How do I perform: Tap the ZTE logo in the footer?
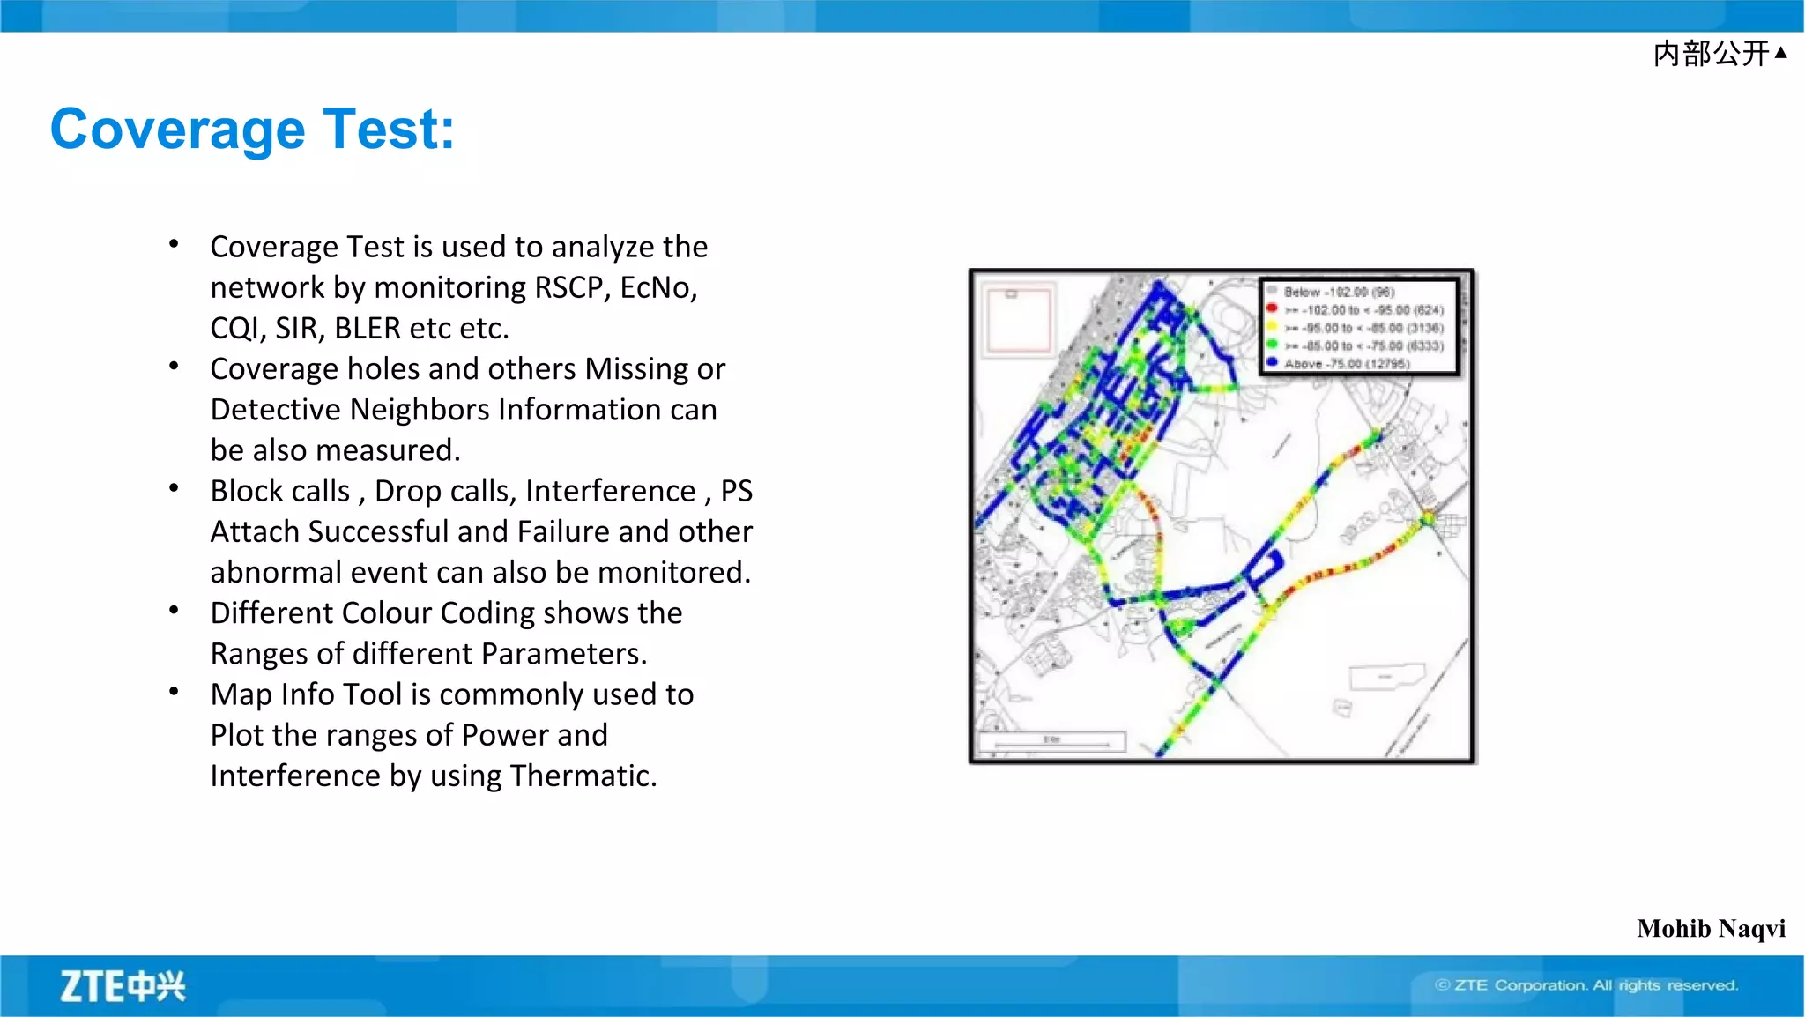coord(123,986)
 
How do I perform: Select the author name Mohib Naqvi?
coord(1711,929)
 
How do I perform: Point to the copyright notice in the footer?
coord(1586,985)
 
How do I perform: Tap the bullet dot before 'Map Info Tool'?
coord(175,693)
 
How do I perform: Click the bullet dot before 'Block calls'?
coord(175,488)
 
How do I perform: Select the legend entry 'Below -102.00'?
coord(1339,292)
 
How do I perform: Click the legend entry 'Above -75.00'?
coord(1346,364)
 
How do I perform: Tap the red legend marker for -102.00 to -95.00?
coord(1272,308)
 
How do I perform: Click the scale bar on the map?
coord(1051,742)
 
